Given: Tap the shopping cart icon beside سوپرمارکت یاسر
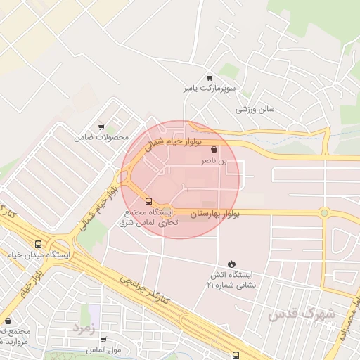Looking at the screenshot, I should coord(210,78).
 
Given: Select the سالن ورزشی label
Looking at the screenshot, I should coord(255,110).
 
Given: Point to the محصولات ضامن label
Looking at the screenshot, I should coord(102,137).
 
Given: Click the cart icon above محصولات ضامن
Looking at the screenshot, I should coord(102,127).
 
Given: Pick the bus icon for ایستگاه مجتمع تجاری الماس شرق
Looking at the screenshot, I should coord(148,200).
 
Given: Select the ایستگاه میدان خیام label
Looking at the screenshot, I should coord(41,255).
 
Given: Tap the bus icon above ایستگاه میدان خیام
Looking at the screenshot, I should coord(37,244).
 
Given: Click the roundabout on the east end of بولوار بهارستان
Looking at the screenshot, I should coord(324,212).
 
